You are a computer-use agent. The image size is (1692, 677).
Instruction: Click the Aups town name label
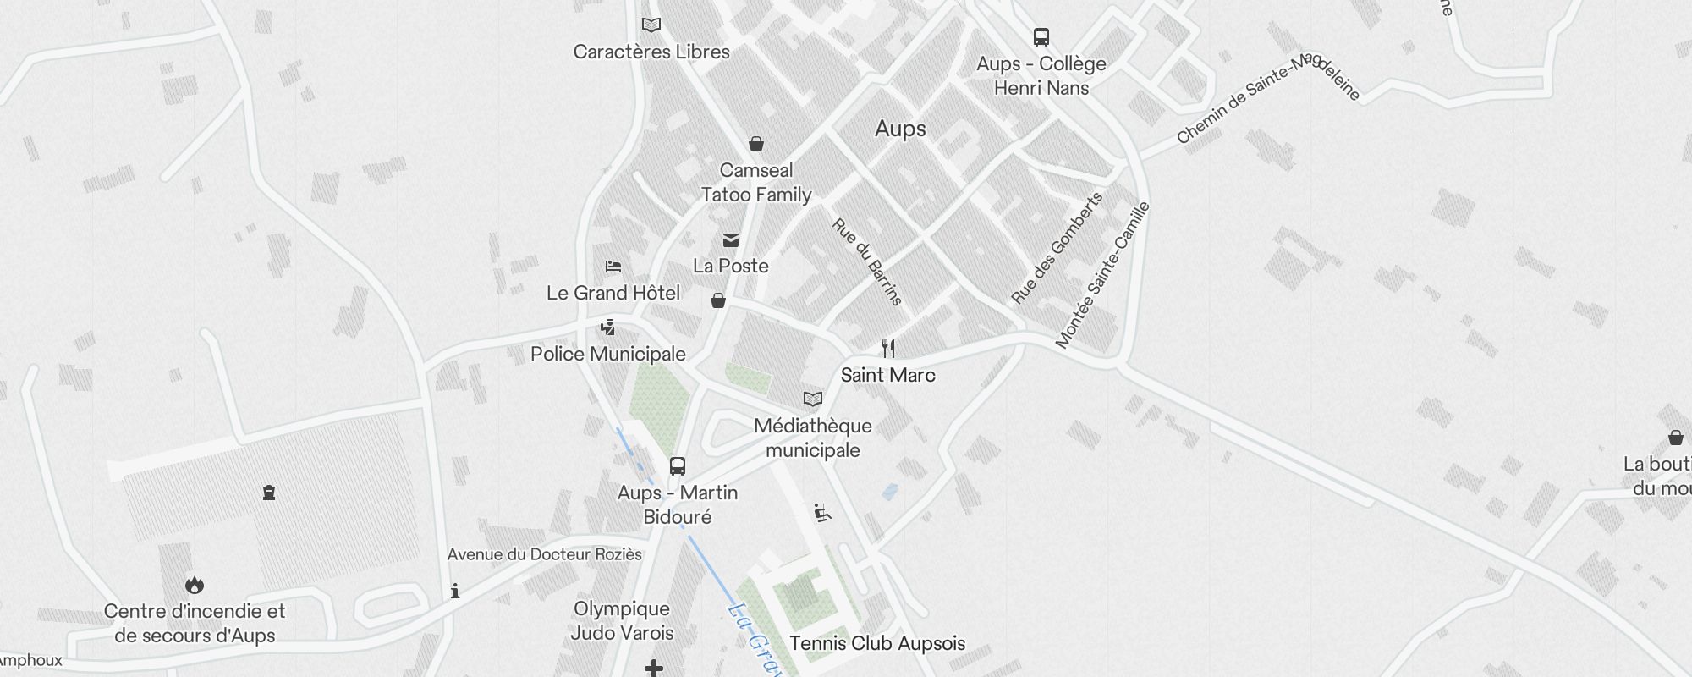(900, 129)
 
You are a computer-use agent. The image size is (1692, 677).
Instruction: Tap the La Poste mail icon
(731, 241)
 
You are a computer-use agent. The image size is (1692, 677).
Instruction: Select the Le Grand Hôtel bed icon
(613, 267)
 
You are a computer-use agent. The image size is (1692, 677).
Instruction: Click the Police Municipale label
(607, 354)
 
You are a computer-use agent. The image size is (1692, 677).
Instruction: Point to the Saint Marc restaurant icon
(888, 348)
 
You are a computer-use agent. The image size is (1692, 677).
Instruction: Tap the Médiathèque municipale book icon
(812, 399)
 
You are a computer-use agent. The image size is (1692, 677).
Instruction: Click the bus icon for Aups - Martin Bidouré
(678, 466)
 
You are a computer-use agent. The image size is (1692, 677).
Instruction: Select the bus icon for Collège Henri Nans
(1041, 37)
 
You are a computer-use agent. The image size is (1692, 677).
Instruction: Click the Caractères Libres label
(651, 52)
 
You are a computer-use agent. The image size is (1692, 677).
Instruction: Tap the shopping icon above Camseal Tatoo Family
(756, 144)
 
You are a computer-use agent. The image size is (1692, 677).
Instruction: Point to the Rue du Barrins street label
(867, 261)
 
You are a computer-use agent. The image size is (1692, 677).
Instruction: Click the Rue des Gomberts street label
(1057, 248)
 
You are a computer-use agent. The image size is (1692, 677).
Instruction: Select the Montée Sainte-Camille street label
(1102, 274)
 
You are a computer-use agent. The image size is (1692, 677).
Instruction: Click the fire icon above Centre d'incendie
(195, 585)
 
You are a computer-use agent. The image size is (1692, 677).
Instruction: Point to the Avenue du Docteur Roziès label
(544, 554)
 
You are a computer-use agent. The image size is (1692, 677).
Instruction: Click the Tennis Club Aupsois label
(877, 643)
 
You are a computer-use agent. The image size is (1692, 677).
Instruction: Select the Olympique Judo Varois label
(622, 620)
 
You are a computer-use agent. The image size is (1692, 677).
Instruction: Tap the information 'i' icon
(455, 591)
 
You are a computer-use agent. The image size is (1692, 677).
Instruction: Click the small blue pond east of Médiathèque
(889, 491)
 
